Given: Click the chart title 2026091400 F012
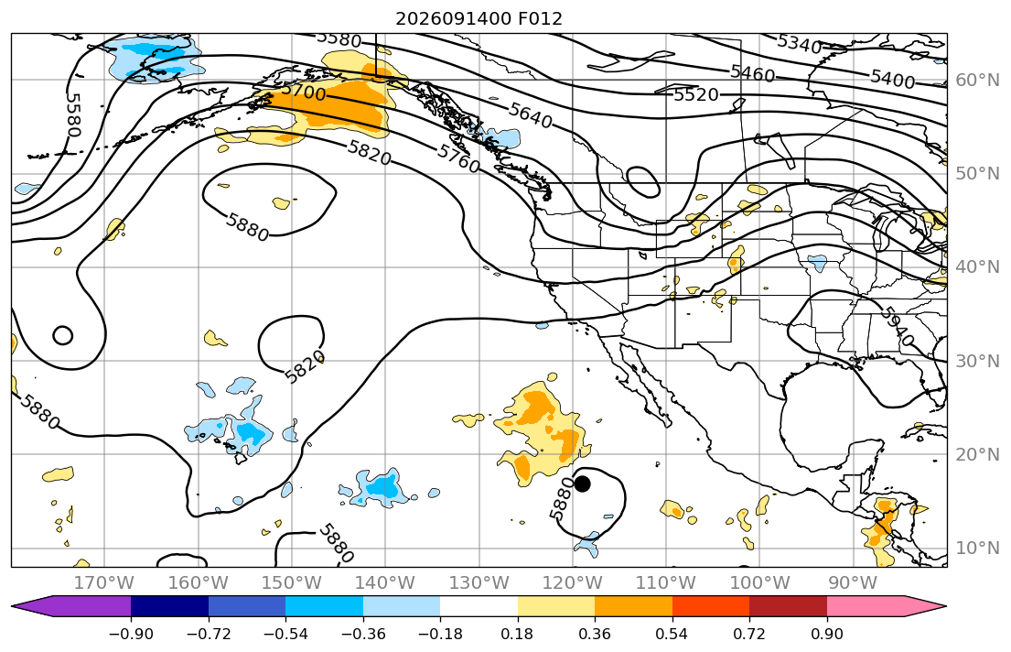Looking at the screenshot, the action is pos(479,18).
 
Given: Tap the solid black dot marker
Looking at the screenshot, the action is pos(582,484).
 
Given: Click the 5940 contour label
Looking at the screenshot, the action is pos(897,327).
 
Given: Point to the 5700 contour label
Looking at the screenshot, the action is pos(303,92).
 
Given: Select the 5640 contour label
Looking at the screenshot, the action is pos(530,114).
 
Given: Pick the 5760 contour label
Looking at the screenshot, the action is pos(458,158).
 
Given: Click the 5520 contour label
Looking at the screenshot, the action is pos(695,95).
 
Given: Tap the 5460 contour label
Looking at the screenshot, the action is pos(752,73).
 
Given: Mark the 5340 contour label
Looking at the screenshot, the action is pos(800,43).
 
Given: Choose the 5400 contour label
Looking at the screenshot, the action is pos(892,79).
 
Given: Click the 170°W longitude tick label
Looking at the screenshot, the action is pos(104,583).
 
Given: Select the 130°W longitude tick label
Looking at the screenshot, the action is pos(479,583).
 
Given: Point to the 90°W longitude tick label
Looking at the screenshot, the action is pos(853,583).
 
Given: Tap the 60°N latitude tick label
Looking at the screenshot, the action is pos(977,80).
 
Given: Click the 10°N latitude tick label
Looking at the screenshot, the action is pos(977,549).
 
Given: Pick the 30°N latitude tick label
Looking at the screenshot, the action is pos(977,361).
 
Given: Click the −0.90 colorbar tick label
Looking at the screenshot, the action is pos(131,634).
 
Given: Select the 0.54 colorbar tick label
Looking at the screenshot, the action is pos(672,634).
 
